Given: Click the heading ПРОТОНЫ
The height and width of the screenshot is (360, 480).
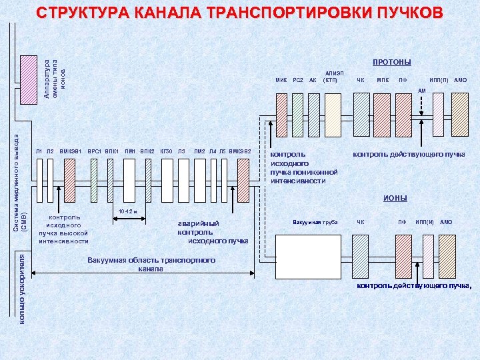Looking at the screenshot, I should coord(391,63).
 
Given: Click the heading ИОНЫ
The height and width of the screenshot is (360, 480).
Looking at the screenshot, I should coord(395,199).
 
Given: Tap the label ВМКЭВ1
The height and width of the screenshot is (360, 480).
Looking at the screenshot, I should coord(71,151).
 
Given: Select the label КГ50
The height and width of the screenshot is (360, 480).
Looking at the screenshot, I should coord(166,151).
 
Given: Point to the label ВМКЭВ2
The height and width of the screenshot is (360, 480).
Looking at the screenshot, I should coord(240,151).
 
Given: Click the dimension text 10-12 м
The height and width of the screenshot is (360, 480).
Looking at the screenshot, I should coord(127,212).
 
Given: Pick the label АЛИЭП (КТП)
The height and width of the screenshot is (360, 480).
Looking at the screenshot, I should coord(331,77).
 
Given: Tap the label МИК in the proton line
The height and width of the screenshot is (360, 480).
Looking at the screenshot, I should coord(281,81).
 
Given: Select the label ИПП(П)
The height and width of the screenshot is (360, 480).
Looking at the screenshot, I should coord(439,81).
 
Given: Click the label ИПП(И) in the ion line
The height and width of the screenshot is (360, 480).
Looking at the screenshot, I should coord(425,221).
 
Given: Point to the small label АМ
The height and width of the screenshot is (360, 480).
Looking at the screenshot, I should coord(421,91).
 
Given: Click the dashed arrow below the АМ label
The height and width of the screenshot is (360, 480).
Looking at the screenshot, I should coord(423,117).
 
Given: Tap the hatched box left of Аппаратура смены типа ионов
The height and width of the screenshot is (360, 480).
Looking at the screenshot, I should coord(29,77).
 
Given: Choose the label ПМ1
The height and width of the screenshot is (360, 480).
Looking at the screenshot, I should coord(130,151).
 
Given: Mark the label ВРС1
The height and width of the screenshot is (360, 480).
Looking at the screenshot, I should coord(94,151).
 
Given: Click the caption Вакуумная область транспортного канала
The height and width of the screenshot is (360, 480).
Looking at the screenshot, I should coord(151,264).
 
